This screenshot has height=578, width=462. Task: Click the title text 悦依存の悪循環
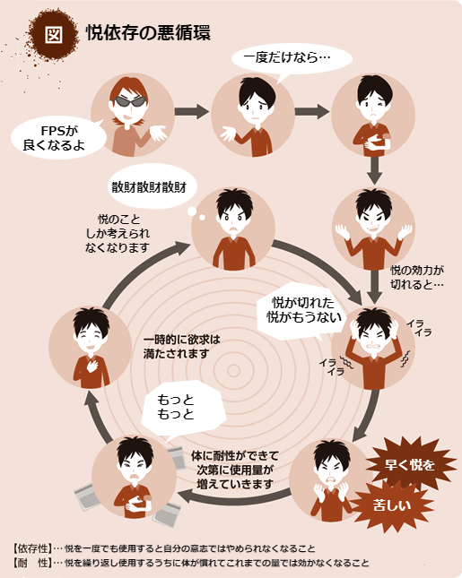[x=148, y=33]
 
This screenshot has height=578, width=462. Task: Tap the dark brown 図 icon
[x=54, y=35]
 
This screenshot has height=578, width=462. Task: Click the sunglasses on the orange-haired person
[x=129, y=101]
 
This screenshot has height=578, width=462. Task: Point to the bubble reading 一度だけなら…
[x=292, y=59]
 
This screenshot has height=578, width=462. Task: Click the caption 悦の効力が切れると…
[x=416, y=277]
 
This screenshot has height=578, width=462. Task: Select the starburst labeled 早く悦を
[x=410, y=463]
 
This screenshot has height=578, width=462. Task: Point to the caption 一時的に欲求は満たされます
[x=181, y=347]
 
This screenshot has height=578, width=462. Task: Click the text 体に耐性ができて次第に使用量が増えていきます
[x=235, y=470]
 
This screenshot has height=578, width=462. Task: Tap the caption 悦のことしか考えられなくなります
[x=118, y=233]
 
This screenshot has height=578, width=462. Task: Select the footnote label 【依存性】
[x=31, y=548]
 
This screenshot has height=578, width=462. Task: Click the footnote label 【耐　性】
[x=31, y=563]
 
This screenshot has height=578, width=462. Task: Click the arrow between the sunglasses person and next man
[x=191, y=111]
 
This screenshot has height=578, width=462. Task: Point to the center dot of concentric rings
[x=233, y=371]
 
